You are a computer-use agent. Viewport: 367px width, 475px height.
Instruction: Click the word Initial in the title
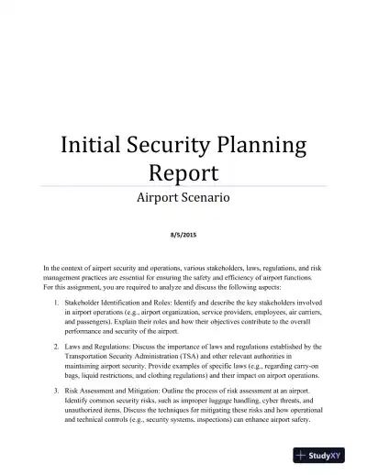pyautogui.click(x=91, y=145)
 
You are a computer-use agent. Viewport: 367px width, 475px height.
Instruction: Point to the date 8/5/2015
pyautogui.click(x=183, y=234)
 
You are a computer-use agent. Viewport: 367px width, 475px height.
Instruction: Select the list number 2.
pyautogui.click(x=58, y=347)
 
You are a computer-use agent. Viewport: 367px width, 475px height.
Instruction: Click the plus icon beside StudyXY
pyautogui.click(x=302, y=452)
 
